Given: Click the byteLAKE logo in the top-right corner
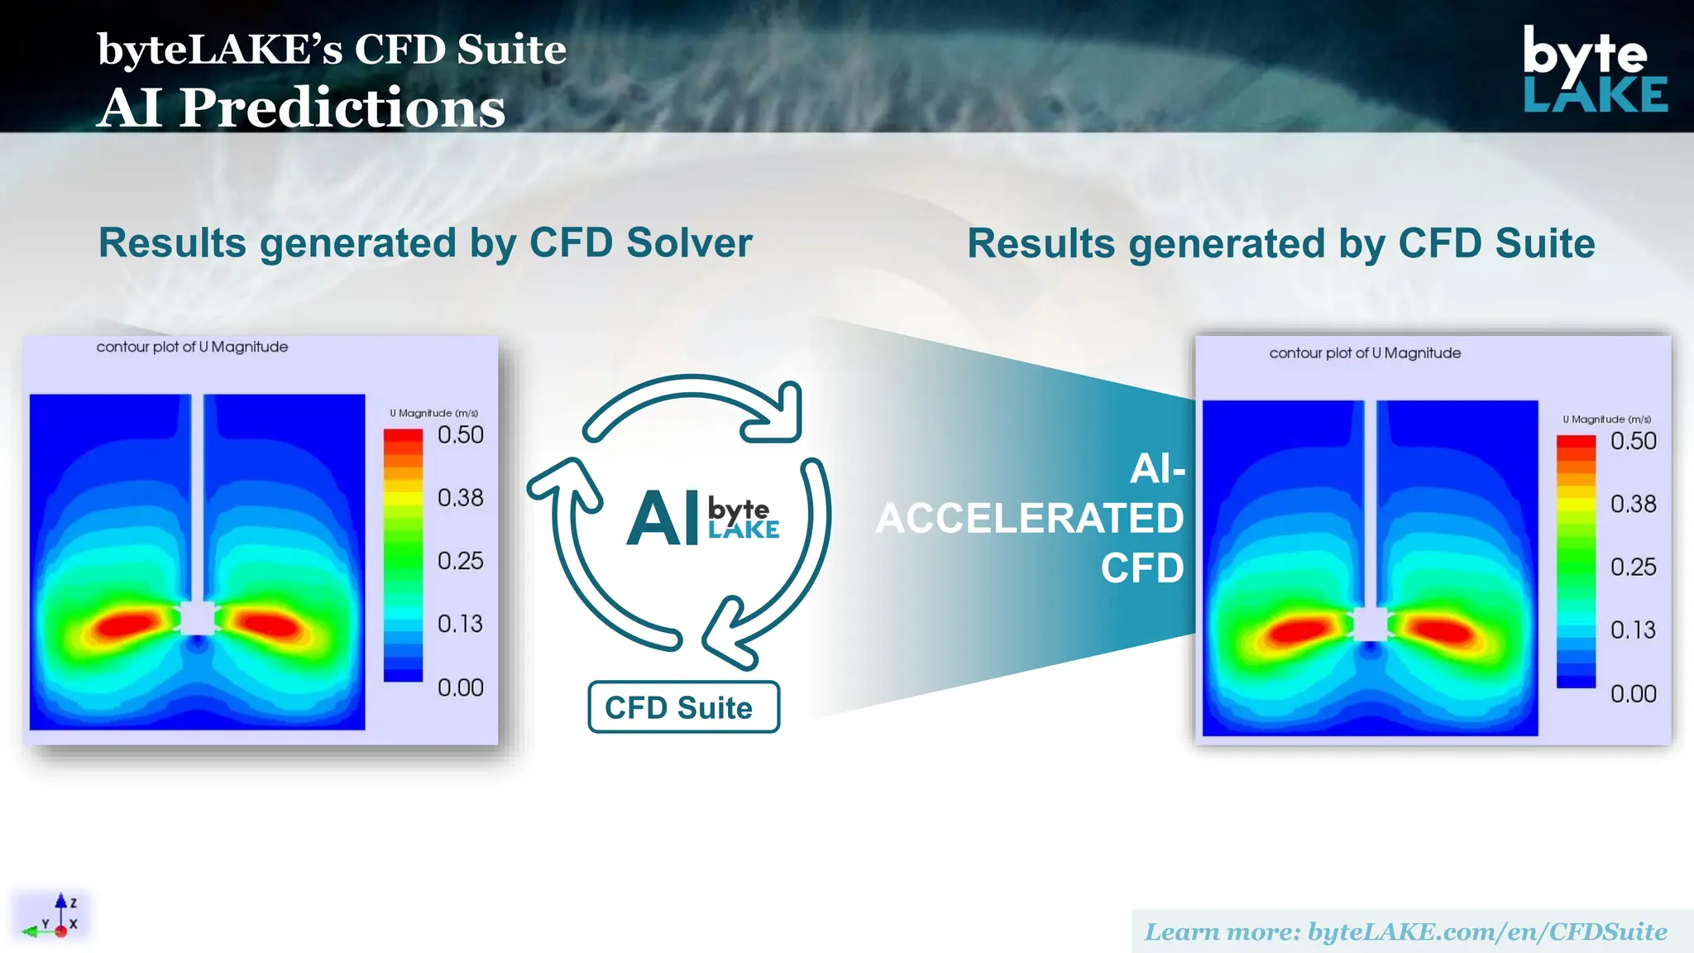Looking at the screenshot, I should click(x=1594, y=69).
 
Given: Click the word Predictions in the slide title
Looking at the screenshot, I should click(x=342, y=108).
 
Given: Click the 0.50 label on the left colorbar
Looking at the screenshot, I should click(x=460, y=435).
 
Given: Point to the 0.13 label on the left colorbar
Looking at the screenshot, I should click(x=460, y=624).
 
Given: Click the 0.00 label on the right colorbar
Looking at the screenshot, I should click(x=1633, y=694).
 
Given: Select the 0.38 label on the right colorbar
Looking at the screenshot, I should click(x=1633, y=504).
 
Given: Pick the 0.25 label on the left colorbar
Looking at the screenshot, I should click(x=460, y=561).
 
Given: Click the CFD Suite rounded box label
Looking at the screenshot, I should click(x=682, y=707).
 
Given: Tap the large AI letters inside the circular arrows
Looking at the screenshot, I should click(x=663, y=520).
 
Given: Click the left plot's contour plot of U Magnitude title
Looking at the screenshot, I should click(x=192, y=347).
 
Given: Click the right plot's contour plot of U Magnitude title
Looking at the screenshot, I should click(x=1365, y=353).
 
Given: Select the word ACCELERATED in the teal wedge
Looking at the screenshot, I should click(x=1030, y=519).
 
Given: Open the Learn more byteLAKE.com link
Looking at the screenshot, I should click(x=1405, y=932).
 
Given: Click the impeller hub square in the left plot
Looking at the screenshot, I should click(x=197, y=618).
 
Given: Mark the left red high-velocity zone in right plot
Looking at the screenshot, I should click(x=1301, y=631).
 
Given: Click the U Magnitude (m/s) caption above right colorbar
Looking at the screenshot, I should click(x=1606, y=419).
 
